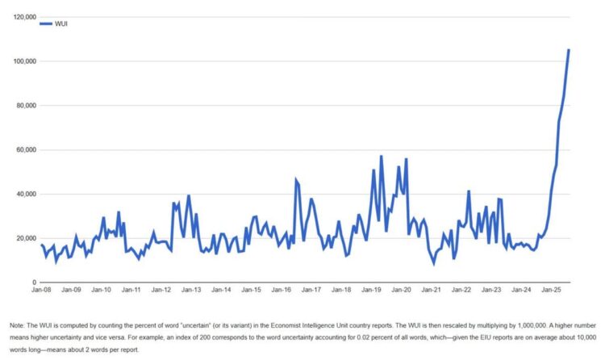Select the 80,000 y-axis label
(23, 106)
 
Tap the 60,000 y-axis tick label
(23, 150)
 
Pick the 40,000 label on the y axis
(23, 194)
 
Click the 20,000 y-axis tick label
(23, 238)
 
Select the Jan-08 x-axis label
(41, 289)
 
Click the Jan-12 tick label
(161, 289)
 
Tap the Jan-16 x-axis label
(282, 289)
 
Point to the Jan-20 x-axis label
(402, 289)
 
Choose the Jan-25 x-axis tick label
(552, 289)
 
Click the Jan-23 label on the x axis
(491, 289)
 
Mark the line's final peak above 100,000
(569, 50)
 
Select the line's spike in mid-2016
(296, 180)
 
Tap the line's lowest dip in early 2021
(434, 262)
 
